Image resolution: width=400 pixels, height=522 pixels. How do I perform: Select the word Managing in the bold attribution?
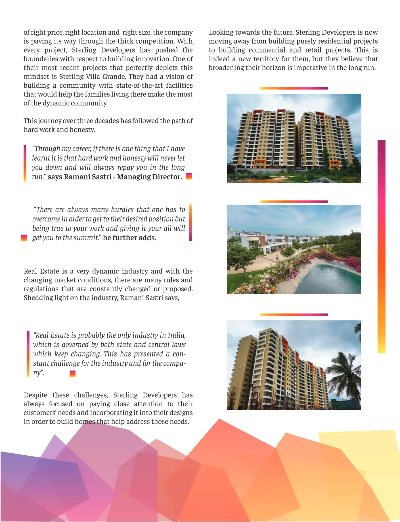click(133, 177)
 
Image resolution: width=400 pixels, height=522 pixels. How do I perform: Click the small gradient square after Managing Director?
click(189, 176)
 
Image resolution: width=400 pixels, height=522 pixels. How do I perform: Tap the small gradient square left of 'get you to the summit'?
click(24, 238)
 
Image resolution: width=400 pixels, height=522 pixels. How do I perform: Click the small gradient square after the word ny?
click(73, 374)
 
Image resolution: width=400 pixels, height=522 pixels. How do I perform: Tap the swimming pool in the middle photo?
click(329, 279)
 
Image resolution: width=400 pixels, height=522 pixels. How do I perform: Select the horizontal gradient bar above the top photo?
click(294, 88)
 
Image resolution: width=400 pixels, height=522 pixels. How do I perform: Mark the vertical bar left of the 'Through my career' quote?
click(25, 163)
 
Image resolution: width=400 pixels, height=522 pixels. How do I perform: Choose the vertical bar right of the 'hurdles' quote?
click(190, 223)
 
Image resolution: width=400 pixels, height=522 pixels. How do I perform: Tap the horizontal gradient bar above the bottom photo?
click(294, 315)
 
